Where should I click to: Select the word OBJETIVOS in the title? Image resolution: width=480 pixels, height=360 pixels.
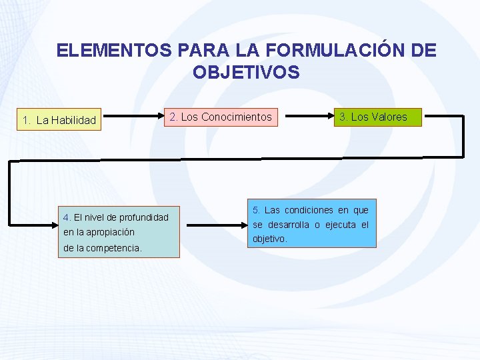(x=246, y=72)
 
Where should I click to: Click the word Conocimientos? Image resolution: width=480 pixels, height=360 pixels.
(x=237, y=117)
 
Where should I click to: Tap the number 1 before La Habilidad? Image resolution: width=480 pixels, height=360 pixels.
(x=25, y=121)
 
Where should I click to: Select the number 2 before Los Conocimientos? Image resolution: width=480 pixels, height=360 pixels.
(x=173, y=117)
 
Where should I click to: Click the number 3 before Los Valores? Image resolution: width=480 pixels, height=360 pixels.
(x=342, y=117)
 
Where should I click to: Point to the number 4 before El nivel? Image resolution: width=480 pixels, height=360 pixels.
(x=65, y=217)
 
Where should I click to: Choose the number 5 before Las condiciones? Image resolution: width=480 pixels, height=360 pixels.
(x=256, y=211)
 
